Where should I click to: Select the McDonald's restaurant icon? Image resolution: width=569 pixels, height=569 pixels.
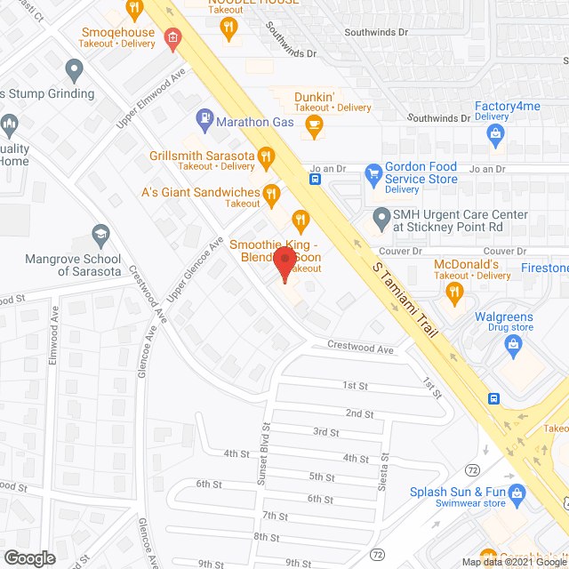click(x=456, y=291)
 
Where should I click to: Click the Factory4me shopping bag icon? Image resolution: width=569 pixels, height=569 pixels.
click(x=496, y=135)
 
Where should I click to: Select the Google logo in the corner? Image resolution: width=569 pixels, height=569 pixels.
click(x=28, y=558)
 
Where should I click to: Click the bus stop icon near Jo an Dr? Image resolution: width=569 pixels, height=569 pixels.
click(x=315, y=178)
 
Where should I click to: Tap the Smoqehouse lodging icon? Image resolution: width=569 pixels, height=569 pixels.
click(x=171, y=38)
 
